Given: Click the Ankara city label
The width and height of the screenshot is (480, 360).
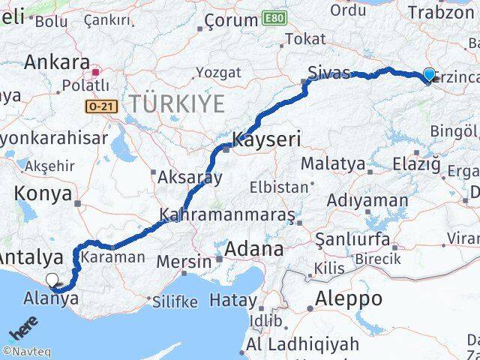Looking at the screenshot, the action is pos(57,61).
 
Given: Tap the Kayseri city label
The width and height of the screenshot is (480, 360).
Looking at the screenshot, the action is pos(266,139).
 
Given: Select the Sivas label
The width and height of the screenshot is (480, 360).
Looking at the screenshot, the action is pos(329,72).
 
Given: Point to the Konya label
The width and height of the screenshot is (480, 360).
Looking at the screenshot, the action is pos(43,193).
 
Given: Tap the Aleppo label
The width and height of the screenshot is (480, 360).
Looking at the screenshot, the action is pos(349,298).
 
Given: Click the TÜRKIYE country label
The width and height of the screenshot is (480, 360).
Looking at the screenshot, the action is pos(176,103).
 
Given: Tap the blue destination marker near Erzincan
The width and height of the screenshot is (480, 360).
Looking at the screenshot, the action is pos(429,74).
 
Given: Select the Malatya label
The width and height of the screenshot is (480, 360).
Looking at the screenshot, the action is pos(333,163).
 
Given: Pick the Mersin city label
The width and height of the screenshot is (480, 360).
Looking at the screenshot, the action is pos(185,262).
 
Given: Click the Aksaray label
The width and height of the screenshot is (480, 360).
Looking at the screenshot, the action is pos(189,178).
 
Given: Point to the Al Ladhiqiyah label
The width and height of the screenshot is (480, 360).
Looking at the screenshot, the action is pos(302,344).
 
